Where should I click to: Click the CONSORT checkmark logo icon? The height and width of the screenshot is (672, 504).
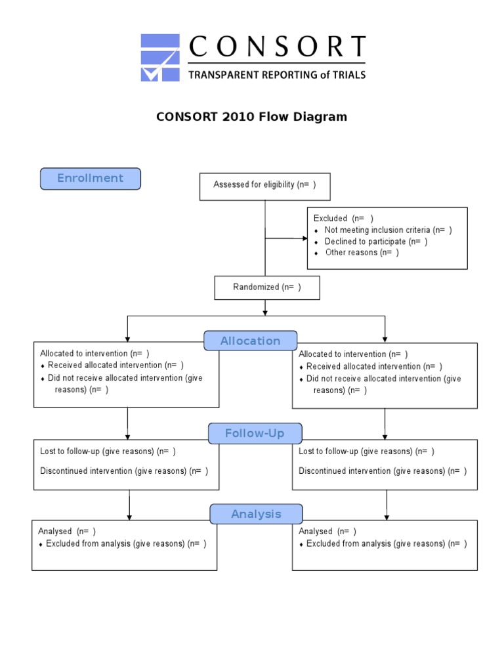click(x=160, y=58)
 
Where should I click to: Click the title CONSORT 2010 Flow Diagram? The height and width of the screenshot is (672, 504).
click(x=251, y=117)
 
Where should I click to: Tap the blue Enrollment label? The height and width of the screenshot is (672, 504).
click(x=91, y=178)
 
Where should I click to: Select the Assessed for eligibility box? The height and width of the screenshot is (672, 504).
click(x=264, y=186)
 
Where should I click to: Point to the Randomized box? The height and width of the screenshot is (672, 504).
click(x=267, y=287)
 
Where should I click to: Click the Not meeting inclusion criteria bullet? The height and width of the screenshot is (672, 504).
click(x=388, y=230)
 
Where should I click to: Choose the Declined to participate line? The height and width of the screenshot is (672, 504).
click(x=376, y=241)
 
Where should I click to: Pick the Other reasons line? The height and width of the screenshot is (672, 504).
click(x=362, y=253)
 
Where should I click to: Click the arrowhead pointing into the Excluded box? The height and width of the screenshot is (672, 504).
click(x=304, y=238)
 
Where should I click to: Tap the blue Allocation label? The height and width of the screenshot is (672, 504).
click(x=250, y=341)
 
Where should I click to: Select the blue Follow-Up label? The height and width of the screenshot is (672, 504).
click(x=255, y=434)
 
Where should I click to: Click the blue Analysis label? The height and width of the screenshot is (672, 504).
click(x=256, y=514)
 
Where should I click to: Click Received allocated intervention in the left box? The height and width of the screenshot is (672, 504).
click(x=115, y=366)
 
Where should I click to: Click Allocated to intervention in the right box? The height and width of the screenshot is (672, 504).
click(x=353, y=354)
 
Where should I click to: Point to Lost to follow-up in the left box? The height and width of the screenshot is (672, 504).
click(x=108, y=451)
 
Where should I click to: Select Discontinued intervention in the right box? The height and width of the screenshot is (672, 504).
click(x=383, y=471)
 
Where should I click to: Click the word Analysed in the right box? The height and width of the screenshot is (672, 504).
click(x=316, y=532)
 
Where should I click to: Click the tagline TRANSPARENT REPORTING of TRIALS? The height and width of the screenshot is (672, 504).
click(x=277, y=75)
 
